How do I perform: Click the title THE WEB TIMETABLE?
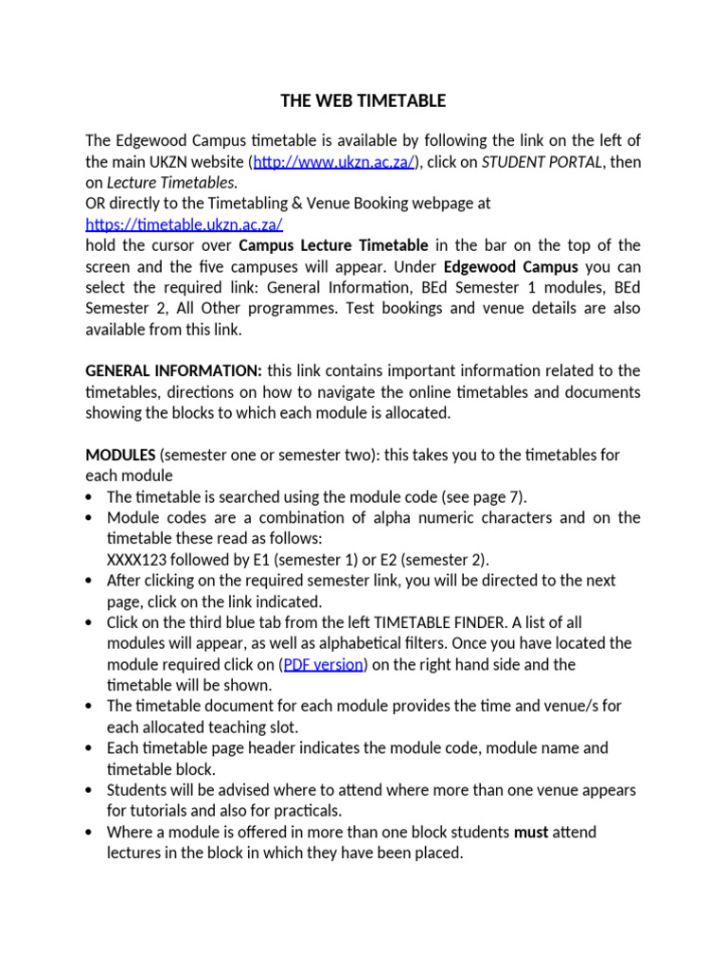[363, 100]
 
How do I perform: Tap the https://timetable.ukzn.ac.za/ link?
[184, 225]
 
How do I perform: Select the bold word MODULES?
[120, 455]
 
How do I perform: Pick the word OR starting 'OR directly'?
[97, 204]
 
